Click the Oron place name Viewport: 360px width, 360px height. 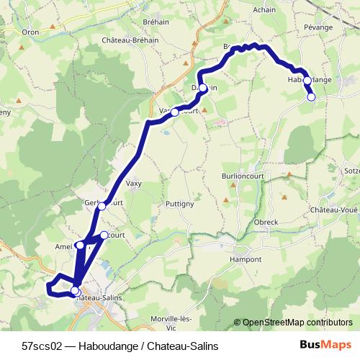pyautogui.click(x=31, y=32)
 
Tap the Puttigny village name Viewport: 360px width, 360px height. pyautogui.click(x=179, y=204)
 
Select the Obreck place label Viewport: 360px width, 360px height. pyautogui.click(x=266, y=222)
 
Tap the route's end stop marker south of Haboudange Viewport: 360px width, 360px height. pyautogui.click(x=312, y=96)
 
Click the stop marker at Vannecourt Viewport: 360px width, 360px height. pyautogui.click(x=174, y=112)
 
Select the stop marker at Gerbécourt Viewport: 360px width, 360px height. pyautogui.click(x=102, y=206)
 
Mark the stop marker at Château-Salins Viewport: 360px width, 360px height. pyautogui.click(x=75, y=290)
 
